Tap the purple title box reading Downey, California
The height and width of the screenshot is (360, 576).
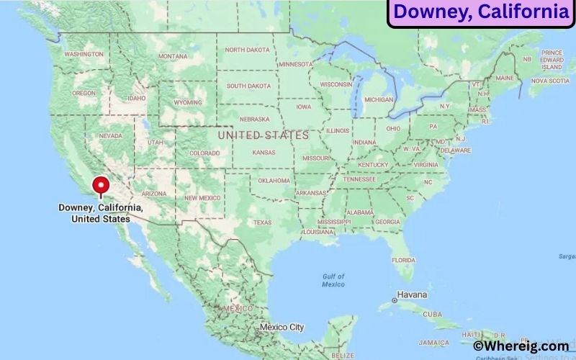[x=481, y=12]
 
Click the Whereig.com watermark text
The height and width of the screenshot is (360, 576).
[x=521, y=346]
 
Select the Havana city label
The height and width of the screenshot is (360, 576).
[x=413, y=295]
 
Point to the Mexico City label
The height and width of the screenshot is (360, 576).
[x=282, y=327]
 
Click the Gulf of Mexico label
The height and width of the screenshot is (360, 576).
[x=333, y=280]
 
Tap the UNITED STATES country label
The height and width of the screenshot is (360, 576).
[x=263, y=135]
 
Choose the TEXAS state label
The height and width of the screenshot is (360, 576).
[x=262, y=222]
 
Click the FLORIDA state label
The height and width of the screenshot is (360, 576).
[x=404, y=259]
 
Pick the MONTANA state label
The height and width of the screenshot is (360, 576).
[x=173, y=56]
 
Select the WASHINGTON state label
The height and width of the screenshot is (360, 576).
[x=84, y=54]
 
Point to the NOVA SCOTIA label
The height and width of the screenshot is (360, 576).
[x=549, y=81]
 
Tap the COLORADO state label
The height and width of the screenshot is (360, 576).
[x=204, y=153]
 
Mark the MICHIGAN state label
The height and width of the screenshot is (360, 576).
[x=379, y=99]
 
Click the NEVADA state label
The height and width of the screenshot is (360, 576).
[x=110, y=135]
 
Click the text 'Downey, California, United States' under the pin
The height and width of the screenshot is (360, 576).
[x=101, y=213]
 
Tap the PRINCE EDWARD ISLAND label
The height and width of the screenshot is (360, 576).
[x=552, y=60]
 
